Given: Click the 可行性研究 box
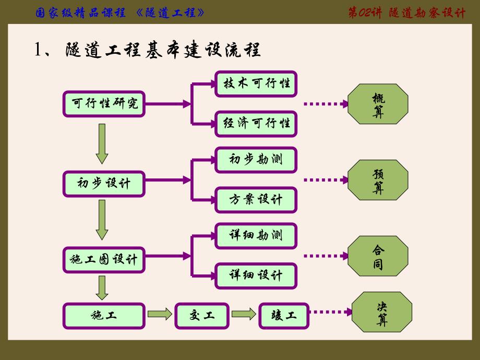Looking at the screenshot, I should [104, 104].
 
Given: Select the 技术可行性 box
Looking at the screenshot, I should [256, 83].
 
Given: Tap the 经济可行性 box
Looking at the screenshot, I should [256, 124].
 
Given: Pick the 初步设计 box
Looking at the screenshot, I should [104, 184].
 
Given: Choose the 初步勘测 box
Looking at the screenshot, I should [256, 160].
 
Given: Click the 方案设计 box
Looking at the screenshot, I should [256, 200].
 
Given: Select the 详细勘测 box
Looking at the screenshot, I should [256, 236].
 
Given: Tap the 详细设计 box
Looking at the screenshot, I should [256, 275].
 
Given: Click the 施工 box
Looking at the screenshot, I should [104, 315].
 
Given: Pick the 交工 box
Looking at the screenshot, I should [202, 315].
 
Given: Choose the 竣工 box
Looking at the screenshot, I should [284, 315].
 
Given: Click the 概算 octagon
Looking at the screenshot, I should [378, 104].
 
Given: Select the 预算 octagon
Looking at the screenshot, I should [378, 180].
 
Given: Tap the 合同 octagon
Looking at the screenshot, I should [378, 256].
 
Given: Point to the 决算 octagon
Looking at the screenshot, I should [382, 313].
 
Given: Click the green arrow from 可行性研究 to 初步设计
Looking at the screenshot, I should [102, 146].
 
